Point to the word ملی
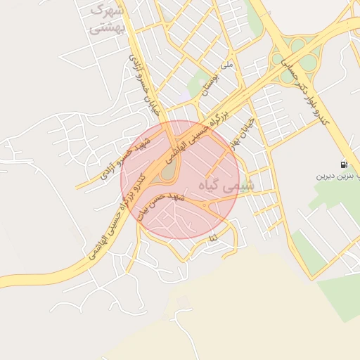coord(226,65)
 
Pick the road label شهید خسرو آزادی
coord(126,155)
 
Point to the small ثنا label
coord(212,240)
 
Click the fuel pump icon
coord(343,165)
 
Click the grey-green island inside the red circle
coord(169,171)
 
